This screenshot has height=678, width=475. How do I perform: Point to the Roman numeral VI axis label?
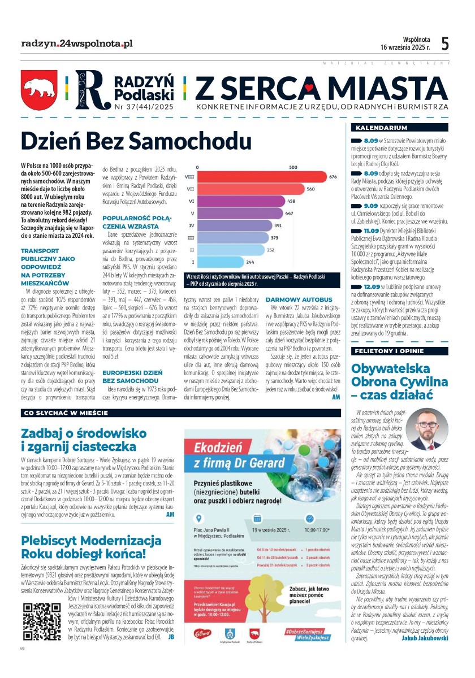(192, 201)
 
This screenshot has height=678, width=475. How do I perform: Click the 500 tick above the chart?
(293, 167)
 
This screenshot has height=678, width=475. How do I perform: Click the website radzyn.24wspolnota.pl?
(76, 43)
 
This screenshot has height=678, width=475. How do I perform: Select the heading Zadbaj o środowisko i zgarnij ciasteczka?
(79, 440)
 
